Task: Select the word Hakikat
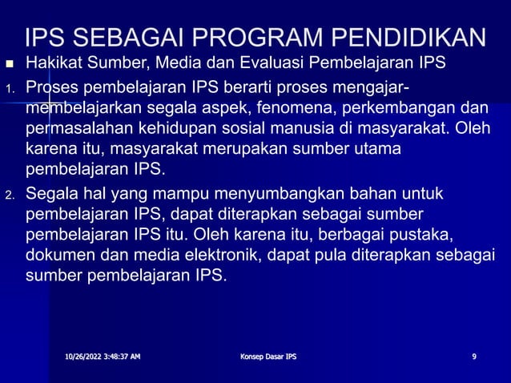coord(53,63)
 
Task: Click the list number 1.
coord(8,87)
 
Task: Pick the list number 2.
coord(8,196)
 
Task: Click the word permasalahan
coord(83,127)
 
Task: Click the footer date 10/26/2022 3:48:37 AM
coord(103,356)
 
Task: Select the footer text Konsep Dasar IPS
coord(268,356)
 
